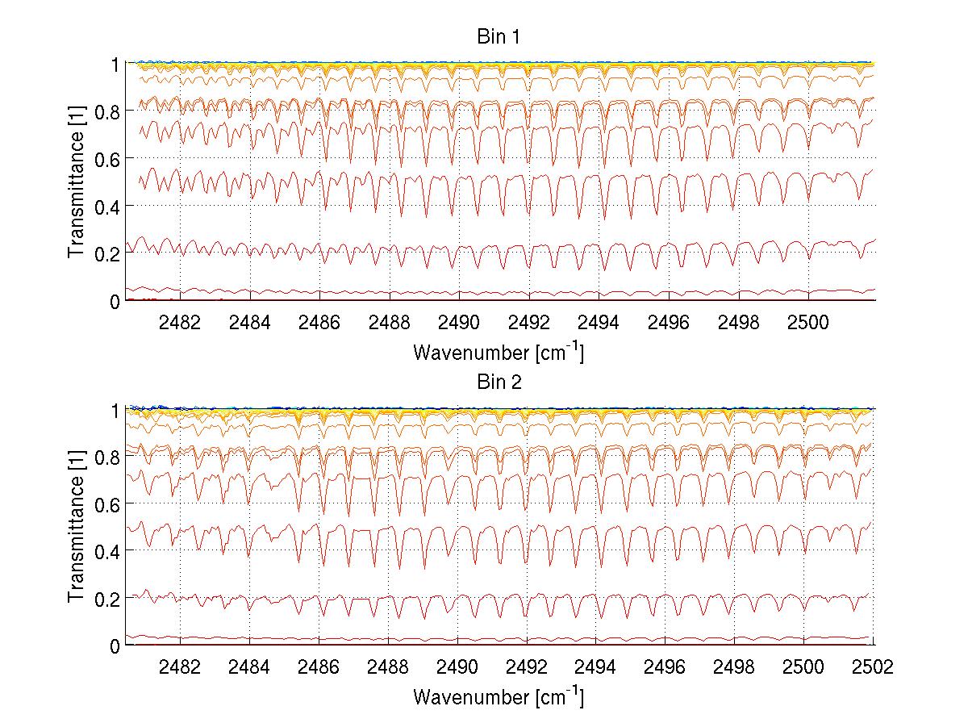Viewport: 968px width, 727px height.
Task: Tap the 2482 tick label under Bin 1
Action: pos(180,321)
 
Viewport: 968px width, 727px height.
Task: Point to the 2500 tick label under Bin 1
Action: pos(807,321)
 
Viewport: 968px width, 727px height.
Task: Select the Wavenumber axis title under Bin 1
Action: pos(498,352)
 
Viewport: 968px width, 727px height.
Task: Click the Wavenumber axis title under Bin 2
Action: pos(498,696)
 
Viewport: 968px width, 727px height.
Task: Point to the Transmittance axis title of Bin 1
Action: pos(77,182)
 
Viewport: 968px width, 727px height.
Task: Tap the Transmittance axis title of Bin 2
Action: pos(77,528)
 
